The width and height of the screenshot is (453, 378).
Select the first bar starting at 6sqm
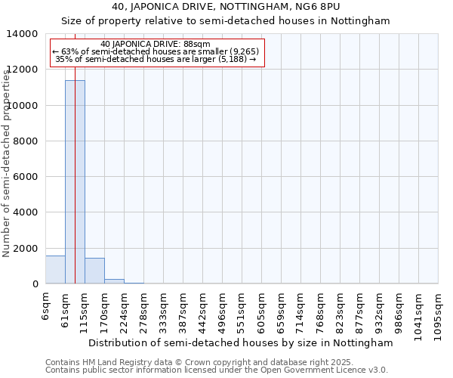point(55,270)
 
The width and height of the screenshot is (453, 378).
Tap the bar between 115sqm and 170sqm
point(94,271)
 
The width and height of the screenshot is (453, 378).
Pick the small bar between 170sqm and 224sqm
point(114,281)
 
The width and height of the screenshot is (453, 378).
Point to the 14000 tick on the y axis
point(24,34)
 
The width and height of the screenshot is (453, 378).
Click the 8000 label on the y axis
point(27,141)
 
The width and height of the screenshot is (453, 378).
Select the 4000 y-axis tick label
point(27,212)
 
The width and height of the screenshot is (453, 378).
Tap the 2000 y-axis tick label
point(27,248)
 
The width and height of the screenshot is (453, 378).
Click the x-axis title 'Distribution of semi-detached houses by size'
point(241,342)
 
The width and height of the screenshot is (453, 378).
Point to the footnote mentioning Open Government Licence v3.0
point(217,370)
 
